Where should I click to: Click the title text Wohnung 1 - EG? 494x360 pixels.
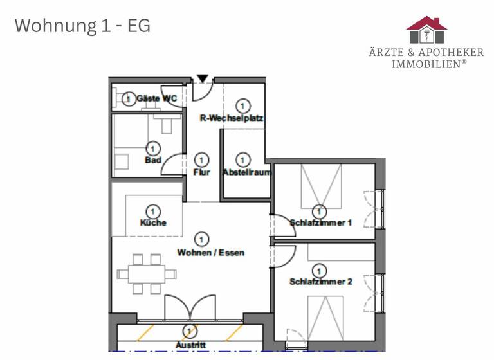(82, 26)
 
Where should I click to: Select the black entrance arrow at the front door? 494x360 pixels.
(203, 79)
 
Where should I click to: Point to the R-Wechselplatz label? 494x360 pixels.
(232, 118)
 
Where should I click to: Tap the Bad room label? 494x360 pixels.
(153, 159)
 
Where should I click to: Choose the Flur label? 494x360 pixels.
(202, 172)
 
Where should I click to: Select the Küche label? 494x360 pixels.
(153, 222)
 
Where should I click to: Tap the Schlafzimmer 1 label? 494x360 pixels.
(320, 223)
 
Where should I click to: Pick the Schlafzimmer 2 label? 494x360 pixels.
(320, 282)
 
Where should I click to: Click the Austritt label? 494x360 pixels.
(190, 345)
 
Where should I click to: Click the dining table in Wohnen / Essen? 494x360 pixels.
(147, 274)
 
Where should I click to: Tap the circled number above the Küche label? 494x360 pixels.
(153, 211)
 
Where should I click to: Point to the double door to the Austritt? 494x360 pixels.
(189, 309)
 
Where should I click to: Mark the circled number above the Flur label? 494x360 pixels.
(202, 159)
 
